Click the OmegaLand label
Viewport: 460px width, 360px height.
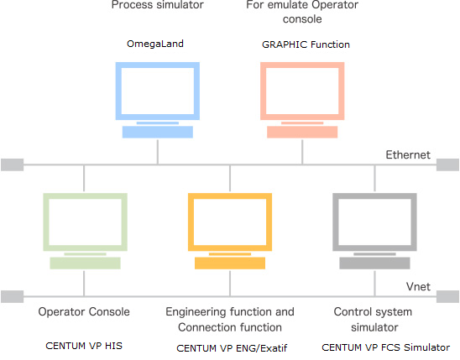(155, 44)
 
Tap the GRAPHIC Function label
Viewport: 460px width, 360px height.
(306, 44)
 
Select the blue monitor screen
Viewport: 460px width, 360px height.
(158, 91)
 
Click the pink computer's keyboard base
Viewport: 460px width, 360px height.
(302, 132)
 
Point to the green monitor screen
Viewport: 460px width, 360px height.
(85, 222)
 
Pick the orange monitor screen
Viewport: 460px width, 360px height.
(230, 222)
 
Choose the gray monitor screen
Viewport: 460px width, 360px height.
(374, 222)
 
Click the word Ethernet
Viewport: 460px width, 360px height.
(408, 154)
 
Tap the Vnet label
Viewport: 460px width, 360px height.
(418, 286)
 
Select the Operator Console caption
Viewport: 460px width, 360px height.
(84, 311)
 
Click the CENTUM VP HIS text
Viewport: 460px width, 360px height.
(84, 346)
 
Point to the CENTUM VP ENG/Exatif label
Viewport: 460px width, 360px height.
(232, 348)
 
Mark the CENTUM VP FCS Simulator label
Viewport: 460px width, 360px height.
(386, 347)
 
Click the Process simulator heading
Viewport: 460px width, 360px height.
(158, 5)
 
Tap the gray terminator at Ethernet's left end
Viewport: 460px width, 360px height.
(13, 164)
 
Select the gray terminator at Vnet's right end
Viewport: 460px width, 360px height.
(447, 297)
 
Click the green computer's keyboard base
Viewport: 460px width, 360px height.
(85, 263)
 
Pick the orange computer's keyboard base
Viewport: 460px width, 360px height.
(230, 263)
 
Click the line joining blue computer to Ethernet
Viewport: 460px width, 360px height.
(158, 152)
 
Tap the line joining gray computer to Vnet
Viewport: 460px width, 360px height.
(374, 283)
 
